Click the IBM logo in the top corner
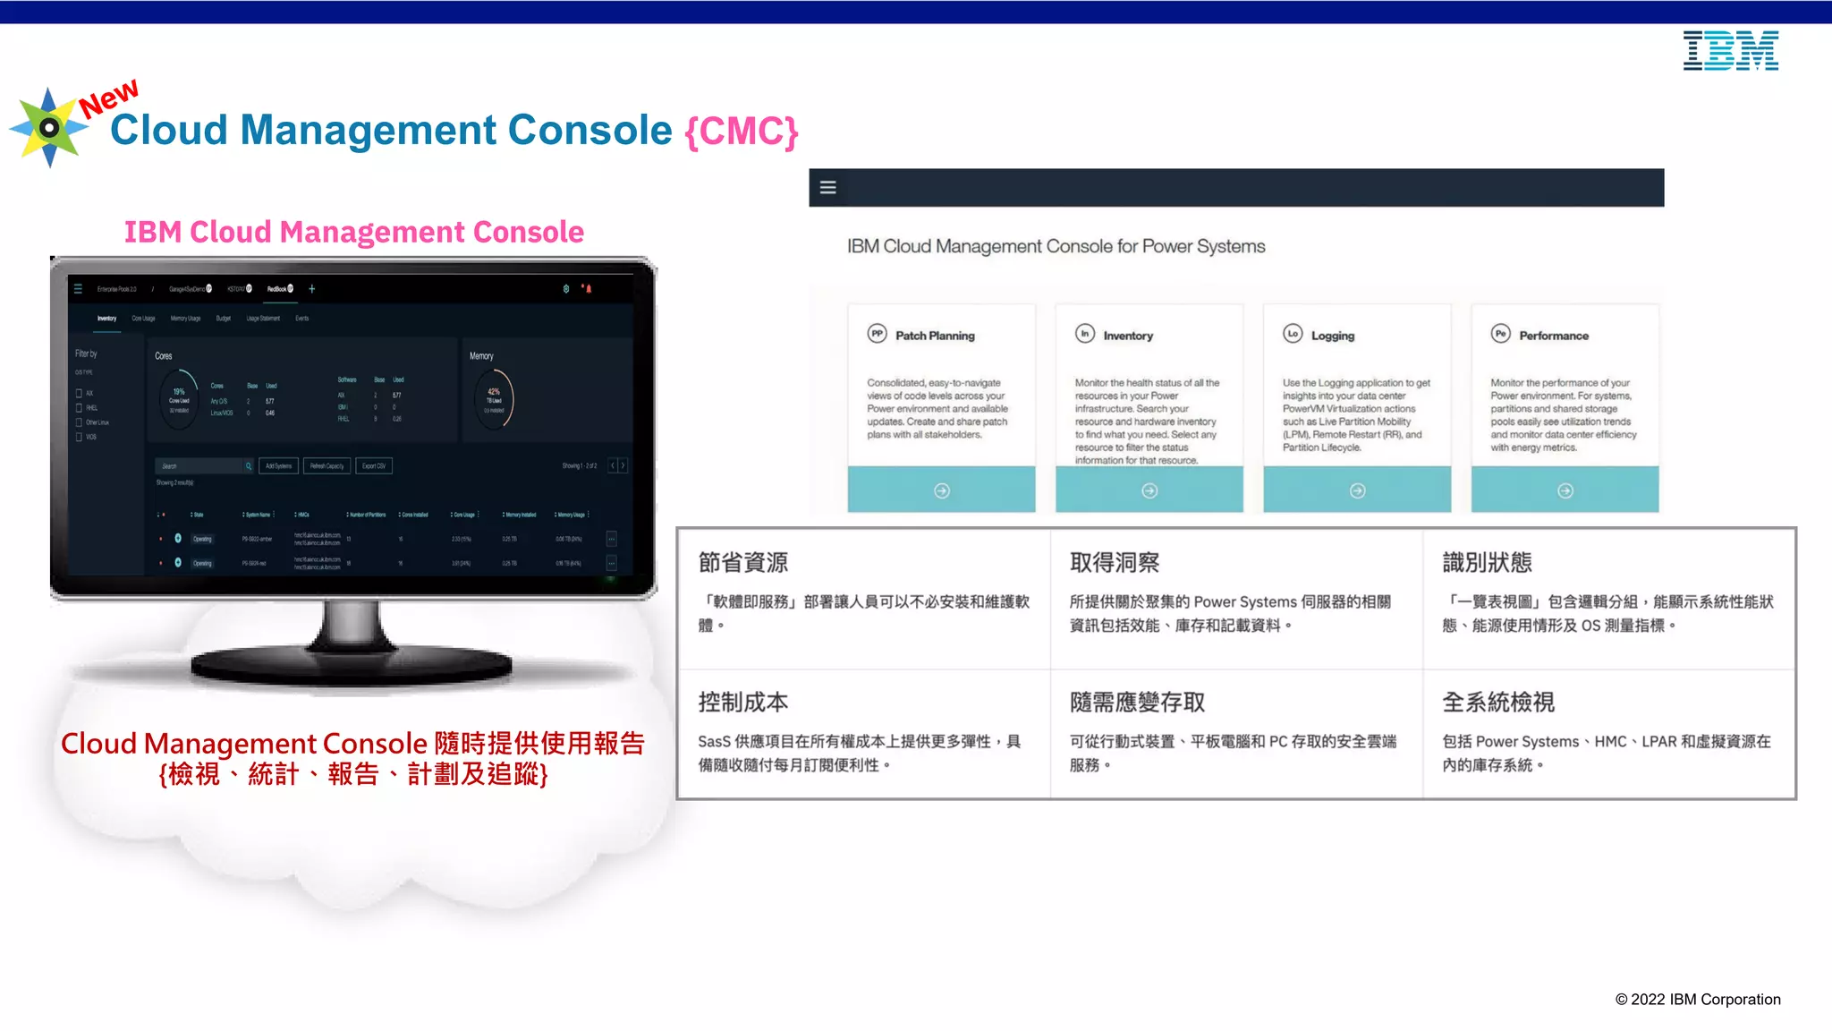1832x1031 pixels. (1730, 51)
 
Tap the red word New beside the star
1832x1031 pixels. (109, 98)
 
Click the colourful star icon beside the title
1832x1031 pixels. (49, 128)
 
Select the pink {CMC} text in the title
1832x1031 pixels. (742, 132)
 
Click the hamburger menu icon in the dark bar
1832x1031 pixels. (828, 188)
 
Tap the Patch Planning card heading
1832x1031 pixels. (935, 336)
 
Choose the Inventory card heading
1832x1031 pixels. (1128, 336)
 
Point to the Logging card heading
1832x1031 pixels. (1333, 336)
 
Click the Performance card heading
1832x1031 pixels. (1554, 336)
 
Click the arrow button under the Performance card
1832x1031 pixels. (1565, 490)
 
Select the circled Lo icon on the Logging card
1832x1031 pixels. (1293, 334)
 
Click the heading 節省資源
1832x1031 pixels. (743, 562)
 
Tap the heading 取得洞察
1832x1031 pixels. (1115, 562)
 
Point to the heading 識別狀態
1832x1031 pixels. (1487, 562)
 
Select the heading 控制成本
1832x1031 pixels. (743, 703)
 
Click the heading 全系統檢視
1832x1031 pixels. (1498, 703)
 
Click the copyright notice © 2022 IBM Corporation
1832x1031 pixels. (1698, 1000)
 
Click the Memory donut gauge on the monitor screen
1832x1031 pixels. (494, 399)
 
